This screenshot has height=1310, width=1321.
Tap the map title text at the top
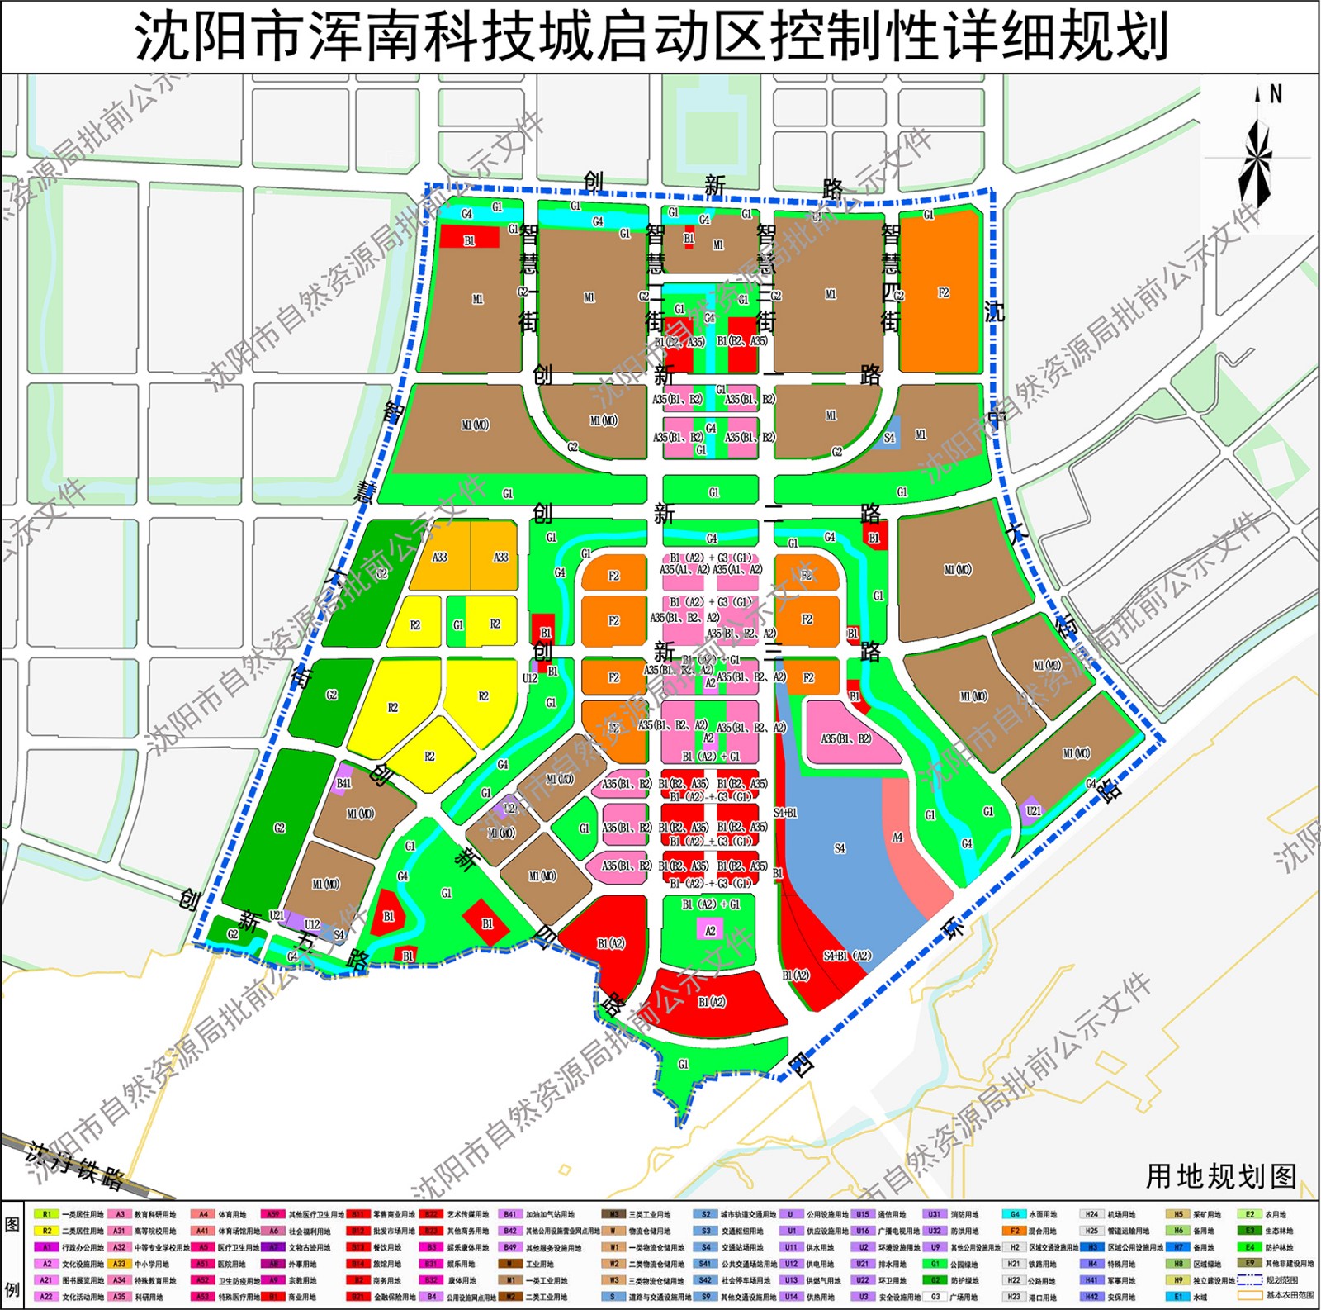(x=651, y=38)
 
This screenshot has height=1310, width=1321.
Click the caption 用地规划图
(x=1220, y=1176)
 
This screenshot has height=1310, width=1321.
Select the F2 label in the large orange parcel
(x=944, y=292)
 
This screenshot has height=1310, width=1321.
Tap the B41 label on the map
(x=343, y=783)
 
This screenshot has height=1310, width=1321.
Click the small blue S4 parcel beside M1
(x=889, y=438)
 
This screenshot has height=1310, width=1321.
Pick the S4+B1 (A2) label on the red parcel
(x=847, y=956)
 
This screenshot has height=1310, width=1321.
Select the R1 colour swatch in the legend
(x=47, y=1214)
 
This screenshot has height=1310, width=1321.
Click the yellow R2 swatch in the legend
(x=47, y=1231)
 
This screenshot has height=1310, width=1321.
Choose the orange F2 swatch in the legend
(x=1015, y=1231)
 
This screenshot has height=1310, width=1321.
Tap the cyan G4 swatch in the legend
(x=1015, y=1214)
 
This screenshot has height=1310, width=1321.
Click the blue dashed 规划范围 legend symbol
(x=1249, y=1279)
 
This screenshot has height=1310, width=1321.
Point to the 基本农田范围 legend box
(x=1249, y=1295)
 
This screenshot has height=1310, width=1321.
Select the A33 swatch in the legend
(x=120, y=1264)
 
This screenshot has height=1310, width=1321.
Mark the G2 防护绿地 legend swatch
(x=935, y=1280)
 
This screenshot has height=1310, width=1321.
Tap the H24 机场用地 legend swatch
(x=1091, y=1214)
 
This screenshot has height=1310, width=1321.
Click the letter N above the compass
(x=1276, y=94)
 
